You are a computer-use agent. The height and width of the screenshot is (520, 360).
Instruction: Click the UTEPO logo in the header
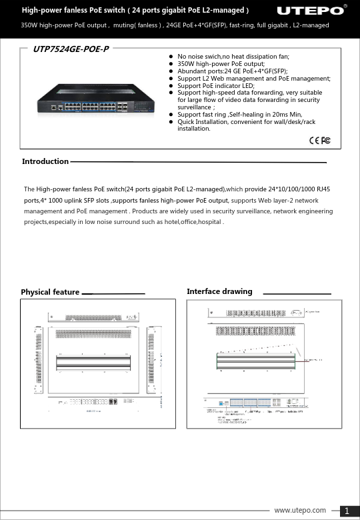(310, 11)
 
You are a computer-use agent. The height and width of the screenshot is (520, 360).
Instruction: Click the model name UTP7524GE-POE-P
(71, 50)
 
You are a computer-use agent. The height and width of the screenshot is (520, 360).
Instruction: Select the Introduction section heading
(45, 161)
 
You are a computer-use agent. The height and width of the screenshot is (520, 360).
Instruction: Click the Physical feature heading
(50, 292)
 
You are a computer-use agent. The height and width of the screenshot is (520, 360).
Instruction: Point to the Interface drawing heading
(219, 291)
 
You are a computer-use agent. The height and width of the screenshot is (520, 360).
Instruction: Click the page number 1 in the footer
(347, 511)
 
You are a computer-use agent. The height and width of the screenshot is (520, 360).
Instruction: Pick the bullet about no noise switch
(233, 58)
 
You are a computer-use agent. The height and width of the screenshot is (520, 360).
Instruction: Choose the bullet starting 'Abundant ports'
(233, 71)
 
